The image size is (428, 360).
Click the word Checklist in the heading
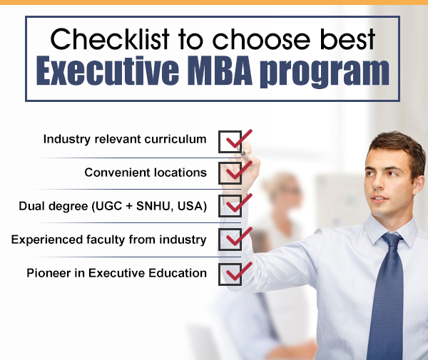[x=110, y=39]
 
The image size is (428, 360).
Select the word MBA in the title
[x=220, y=71]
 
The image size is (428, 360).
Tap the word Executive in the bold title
[x=108, y=71]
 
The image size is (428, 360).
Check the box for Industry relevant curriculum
[x=230, y=142]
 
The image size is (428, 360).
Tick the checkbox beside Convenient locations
[x=230, y=173]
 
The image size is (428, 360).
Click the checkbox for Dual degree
[x=230, y=206]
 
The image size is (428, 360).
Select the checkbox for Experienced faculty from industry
[x=230, y=240]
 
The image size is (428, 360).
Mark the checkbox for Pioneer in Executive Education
[x=230, y=274]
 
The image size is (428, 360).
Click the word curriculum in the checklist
[x=175, y=139]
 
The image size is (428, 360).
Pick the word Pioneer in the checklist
[x=49, y=273]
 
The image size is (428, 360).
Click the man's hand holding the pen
[x=243, y=169]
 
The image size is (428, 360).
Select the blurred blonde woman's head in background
[x=281, y=188]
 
